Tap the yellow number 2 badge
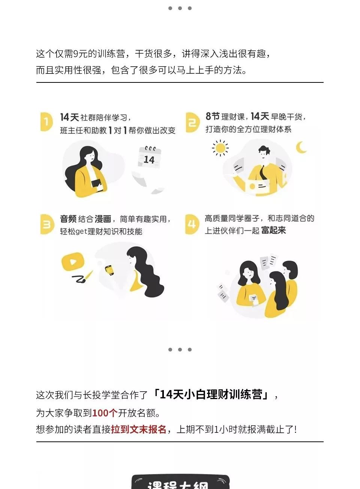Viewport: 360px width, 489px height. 192,122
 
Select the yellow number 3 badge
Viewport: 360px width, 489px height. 47,224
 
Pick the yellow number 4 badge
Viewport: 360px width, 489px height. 192,224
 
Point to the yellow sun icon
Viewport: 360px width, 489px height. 220,148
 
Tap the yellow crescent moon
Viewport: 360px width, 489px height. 301,147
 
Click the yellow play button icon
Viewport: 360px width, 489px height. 73,262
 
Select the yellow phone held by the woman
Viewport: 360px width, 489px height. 109,270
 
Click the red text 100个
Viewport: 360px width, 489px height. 105,413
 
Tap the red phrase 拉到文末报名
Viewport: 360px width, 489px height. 139,429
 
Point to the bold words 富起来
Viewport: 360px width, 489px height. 273,230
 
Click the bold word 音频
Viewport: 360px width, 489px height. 68,219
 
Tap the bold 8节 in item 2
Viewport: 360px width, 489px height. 212,117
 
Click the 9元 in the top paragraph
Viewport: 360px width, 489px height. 80,54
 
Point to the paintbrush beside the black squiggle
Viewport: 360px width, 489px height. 89,275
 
